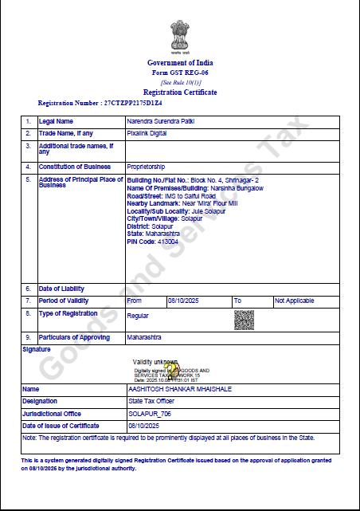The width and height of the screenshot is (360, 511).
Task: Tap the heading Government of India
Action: pyautogui.click(x=180, y=62)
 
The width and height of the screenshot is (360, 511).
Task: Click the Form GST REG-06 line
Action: pyautogui.click(x=180, y=73)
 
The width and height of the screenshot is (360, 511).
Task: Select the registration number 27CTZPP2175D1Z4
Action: pyautogui.click(x=122, y=104)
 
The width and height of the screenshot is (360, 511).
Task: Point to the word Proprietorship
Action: pyautogui.click(x=146, y=167)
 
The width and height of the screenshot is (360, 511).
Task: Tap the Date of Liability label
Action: pyautogui.click(x=61, y=288)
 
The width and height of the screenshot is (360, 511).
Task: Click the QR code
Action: pyautogui.click(x=243, y=319)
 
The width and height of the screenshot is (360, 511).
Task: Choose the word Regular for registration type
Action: pyautogui.click(x=137, y=316)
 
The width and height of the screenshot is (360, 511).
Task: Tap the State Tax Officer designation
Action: pyautogui.click(x=151, y=401)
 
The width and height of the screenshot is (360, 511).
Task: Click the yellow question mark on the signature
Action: pyautogui.click(x=169, y=370)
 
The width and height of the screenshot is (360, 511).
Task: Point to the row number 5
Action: pyautogui.click(x=28, y=180)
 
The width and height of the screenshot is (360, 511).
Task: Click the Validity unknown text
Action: pyautogui.click(x=155, y=362)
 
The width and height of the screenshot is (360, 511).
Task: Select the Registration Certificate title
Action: pyautogui.click(x=180, y=92)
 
